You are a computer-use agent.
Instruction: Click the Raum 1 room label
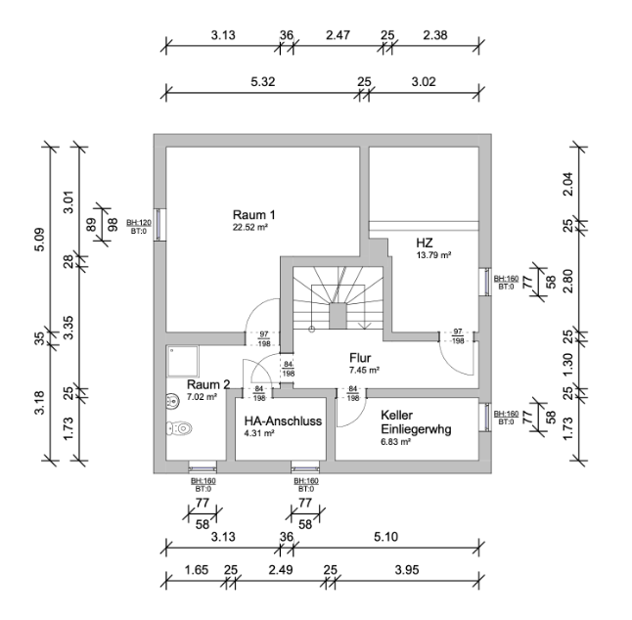click(254, 214)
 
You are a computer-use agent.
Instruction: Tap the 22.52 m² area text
click(250, 227)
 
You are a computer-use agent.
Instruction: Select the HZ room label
click(425, 243)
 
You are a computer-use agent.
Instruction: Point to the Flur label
click(360, 358)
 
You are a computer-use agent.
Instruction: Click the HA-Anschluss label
click(283, 421)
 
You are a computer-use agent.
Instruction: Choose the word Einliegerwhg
click(416, 429)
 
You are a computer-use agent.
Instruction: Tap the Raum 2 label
click(208, 384)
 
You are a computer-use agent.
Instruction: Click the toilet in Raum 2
click(179, 427)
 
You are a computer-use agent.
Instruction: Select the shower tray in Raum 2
click(183, 362)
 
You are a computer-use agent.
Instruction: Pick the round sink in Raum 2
click(173, 401)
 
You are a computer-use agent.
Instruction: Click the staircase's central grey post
click(338, 316)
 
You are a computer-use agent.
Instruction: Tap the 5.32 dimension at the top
click(263, 82)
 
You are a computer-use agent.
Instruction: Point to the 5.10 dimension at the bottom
click(385, 537)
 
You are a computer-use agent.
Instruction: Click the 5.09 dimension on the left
click(40, 240)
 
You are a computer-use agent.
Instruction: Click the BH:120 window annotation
click(139, 222)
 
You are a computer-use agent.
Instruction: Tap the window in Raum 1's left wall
click(159, 225)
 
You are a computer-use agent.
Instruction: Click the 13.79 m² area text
click(433, 255)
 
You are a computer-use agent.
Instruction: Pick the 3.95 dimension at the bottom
click(407, 570)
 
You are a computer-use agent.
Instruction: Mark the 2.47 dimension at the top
click(338, 35)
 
